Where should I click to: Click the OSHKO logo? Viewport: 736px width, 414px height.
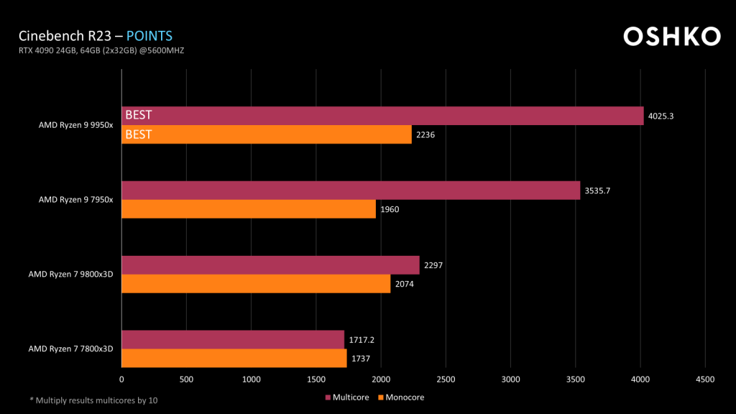pyautogui.click(x=671, y=36)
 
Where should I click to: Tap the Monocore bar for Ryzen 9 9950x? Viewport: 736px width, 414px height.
pyautogui.click(x=267, y=134)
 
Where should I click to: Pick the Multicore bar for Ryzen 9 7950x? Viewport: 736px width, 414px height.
pyautogui.click(x=351, y=190)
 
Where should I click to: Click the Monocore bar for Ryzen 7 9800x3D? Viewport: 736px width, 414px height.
pyautogui.click(x=256, y=284)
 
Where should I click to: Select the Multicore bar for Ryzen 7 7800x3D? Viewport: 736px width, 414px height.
pyautogui.click(x=233, y=339)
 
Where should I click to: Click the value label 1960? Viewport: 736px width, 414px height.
pyautogui.click(x=390, y=209)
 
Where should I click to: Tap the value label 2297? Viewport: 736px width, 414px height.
pyautogui.click(x=433, y=265)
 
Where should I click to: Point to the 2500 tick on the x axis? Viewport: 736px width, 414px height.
pyautogui.click(x=446, y=379)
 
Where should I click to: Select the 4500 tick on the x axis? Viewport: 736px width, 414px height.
pyautogui.click(x=705, y=379)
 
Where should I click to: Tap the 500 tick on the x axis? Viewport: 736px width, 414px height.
pyautogui.click(x=186, y=379)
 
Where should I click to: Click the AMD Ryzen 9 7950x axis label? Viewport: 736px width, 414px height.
pyautogui.click(x=75, y=200)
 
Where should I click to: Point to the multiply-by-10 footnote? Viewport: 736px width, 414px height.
pyautogui.click(x=93, y=400)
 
